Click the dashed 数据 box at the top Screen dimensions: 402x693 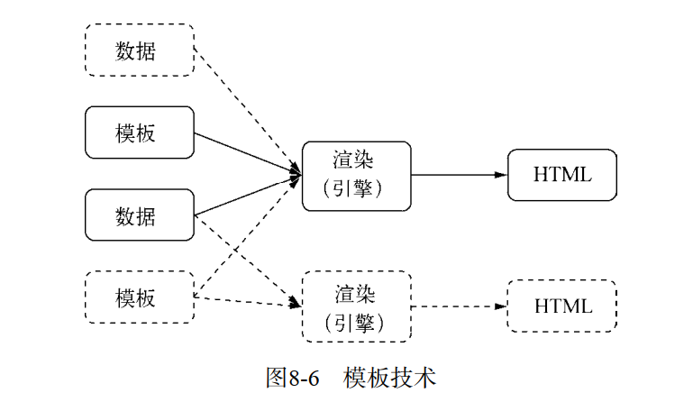[139, 50]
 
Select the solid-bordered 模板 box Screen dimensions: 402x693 [139, 132]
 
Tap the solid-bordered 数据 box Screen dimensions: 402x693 [139, 215]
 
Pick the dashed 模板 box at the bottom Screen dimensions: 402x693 [139, 297]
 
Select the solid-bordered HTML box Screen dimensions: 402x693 [562, 175]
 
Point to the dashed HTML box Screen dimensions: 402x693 [562, 306]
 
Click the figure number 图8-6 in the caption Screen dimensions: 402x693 [293, 377]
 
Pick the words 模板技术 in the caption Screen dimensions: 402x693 [389, 377]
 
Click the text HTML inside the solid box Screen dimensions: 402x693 [562, 175]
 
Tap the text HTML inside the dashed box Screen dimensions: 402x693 [562, 306]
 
